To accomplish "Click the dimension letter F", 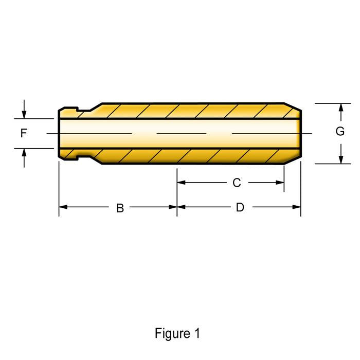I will click(24, 134).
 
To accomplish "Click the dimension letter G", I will click(340, 132).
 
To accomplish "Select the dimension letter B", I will click(120, 208).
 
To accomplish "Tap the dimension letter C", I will click(237, 183).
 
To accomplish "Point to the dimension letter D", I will click(240, 208).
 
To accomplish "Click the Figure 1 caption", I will click(177, 333).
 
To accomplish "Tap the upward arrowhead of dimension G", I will click(340, 107).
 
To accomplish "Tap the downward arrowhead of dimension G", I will click(340, 160).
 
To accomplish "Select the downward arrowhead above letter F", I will click(24, 115).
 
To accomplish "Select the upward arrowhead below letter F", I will click(24, 152).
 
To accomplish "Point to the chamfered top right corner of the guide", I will click(294, 107).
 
